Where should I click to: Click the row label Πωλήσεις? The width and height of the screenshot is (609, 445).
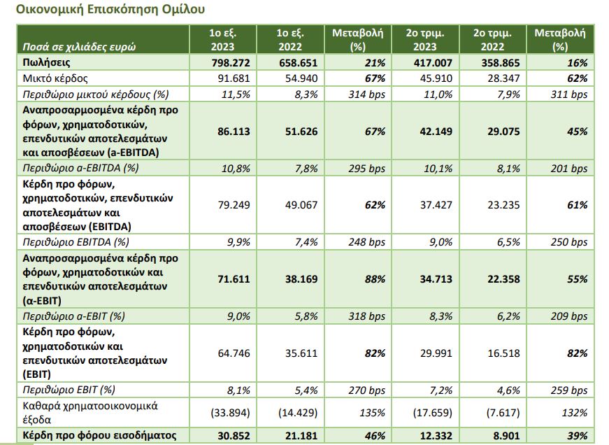45,63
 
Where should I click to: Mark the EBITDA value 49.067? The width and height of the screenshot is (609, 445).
301,205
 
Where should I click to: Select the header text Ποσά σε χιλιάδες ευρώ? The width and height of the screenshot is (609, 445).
78,47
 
